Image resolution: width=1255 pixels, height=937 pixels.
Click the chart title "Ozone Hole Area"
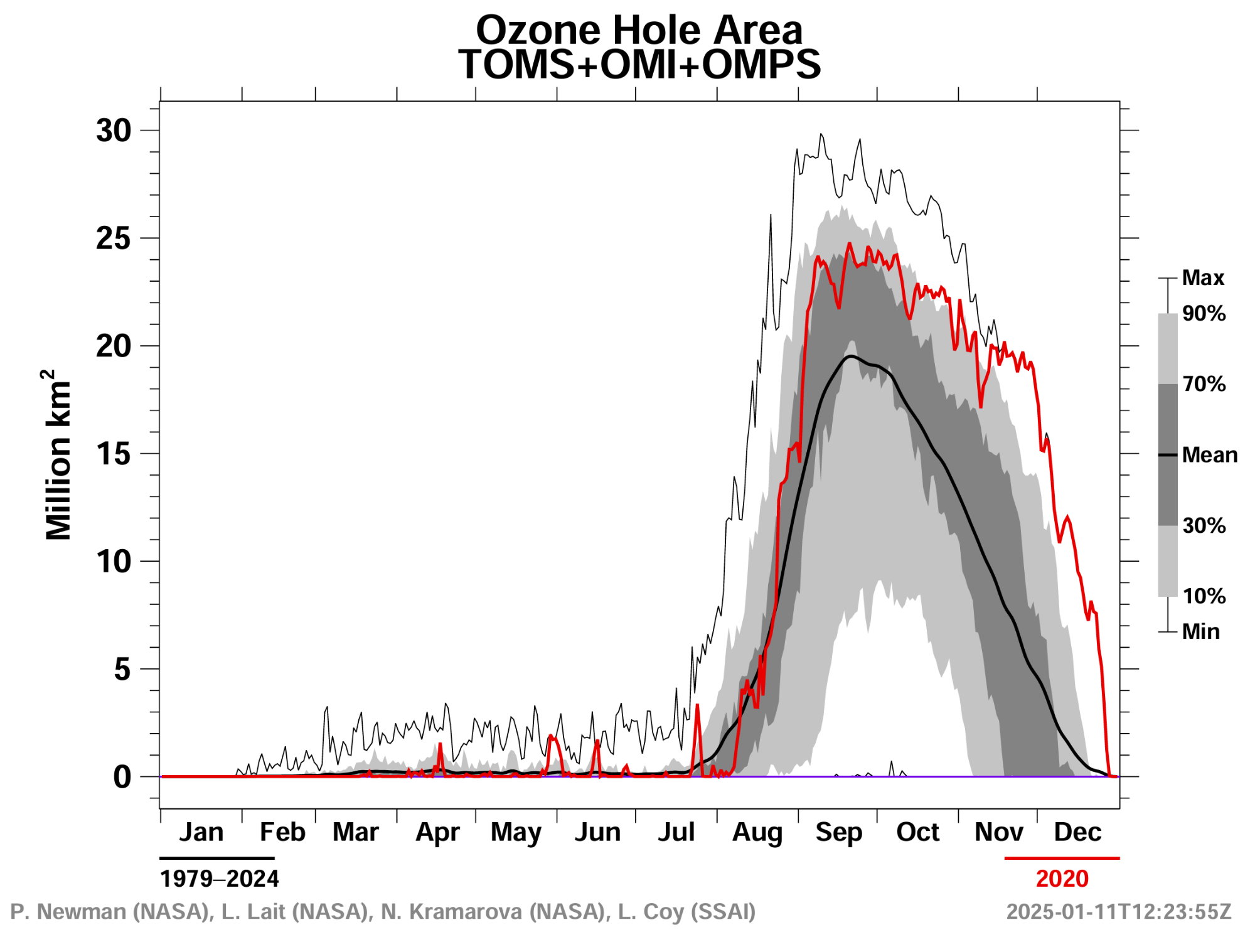(x=639, y=29)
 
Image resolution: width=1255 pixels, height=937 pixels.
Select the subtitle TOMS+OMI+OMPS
(x=639, y=64)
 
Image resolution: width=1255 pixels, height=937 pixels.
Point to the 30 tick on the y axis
(x=114, y=131)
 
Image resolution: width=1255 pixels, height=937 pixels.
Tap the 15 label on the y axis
(x=114, y=454)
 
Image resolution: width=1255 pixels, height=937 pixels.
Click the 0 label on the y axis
(x=122, y=777)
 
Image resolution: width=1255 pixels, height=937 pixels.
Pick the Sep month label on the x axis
(x=838, y=832)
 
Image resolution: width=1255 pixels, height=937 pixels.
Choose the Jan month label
(x=201, y=832)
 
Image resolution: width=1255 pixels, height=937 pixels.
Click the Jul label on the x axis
(x=676, y=832)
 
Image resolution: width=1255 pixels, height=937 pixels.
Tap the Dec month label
(x=1077, y=832)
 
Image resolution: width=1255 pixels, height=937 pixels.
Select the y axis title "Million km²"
(x=58, y=455)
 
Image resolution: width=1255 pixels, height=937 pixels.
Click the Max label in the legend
(x=1203, y=277)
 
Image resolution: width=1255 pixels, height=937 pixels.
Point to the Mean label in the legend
(x=1209, y=455)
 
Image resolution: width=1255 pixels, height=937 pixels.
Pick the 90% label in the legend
(x=1204, y=313)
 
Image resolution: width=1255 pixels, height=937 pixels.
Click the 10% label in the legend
(x=1204, y=596)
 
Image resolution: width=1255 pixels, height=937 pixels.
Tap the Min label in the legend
(x=1200, y=631)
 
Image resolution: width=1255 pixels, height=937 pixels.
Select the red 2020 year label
(x=1062, y=879)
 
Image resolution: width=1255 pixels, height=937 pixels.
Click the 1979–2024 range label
(x=219, y=879)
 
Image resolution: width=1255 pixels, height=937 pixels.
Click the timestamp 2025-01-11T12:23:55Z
(x=1118, y=911)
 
